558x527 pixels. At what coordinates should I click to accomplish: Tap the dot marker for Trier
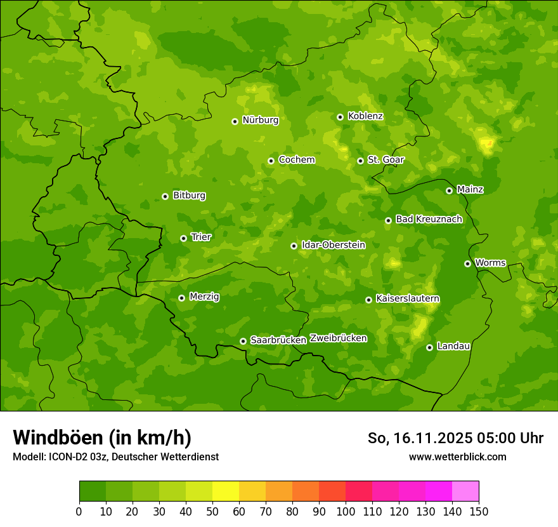coord(184,239)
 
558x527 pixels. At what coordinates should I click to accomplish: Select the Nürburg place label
coord(260,120)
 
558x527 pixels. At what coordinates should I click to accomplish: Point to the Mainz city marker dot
coord(449,190)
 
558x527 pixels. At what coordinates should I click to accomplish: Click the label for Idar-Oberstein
coord(333,245)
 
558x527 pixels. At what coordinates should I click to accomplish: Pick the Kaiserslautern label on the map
coord(408,298)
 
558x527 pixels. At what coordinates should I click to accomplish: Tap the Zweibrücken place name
coord(338,338)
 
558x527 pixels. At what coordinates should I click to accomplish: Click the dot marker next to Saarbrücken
coord(243,342)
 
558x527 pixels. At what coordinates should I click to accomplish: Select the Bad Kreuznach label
coord(429,219)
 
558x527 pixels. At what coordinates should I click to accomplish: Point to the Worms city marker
coord(467,263)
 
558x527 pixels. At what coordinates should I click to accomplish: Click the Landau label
coord(453,346)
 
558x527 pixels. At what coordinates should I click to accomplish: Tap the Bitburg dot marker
coord(165,196)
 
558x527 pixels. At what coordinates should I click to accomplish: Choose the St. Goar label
coord(386,160)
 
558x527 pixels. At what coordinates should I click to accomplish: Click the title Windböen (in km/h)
coord(101,437)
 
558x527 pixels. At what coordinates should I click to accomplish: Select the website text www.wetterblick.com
coord(457,457)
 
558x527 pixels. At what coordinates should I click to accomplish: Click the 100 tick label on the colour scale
coord(346,511)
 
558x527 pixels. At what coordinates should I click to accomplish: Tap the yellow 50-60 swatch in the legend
coord(226,491)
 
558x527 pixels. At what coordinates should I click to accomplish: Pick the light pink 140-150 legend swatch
coord(465,491)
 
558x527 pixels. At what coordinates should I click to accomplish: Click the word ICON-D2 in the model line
coord(67,457)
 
